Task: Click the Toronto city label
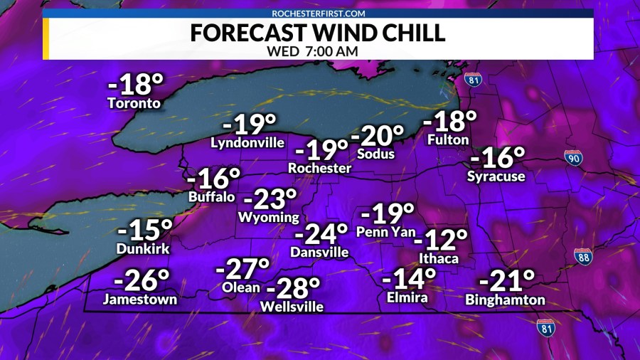coord(134,104)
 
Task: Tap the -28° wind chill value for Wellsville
coord(293,288)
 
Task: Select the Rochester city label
coord(319,169)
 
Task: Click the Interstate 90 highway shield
coord(574,158)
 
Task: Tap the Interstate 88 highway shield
coord(583,256)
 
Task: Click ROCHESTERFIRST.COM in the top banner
coord(319,13)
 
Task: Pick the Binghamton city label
coord(505,301)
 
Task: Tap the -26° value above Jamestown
coord(139,280)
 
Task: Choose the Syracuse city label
coord(496,176)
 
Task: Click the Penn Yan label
coord(385,231)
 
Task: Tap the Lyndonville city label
coord(247,143)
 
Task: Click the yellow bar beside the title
coord(46,38)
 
